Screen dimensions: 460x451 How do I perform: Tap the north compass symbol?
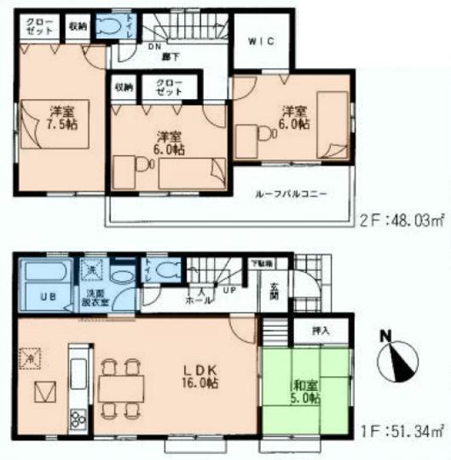click(x=397, y=359)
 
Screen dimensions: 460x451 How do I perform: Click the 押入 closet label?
click(x=311, y=329)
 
